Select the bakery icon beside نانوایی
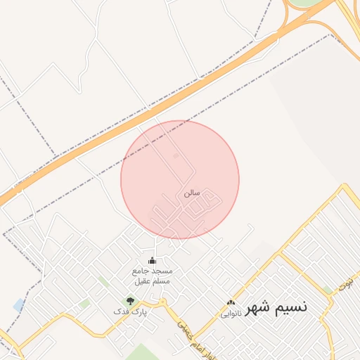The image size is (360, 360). (x=231, y=303)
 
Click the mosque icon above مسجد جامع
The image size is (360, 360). (x=153, y=261)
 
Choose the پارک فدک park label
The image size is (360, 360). (x=131, y=311)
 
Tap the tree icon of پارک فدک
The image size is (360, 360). (x=129, y=301)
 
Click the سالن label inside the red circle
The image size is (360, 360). (x=193, y=191)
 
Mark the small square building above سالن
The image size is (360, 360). (x=176, y=155)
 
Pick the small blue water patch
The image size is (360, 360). (x=18, y=305)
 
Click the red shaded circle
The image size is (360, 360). (x=211, y=162)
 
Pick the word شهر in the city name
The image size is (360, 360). (x=256, y=309)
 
